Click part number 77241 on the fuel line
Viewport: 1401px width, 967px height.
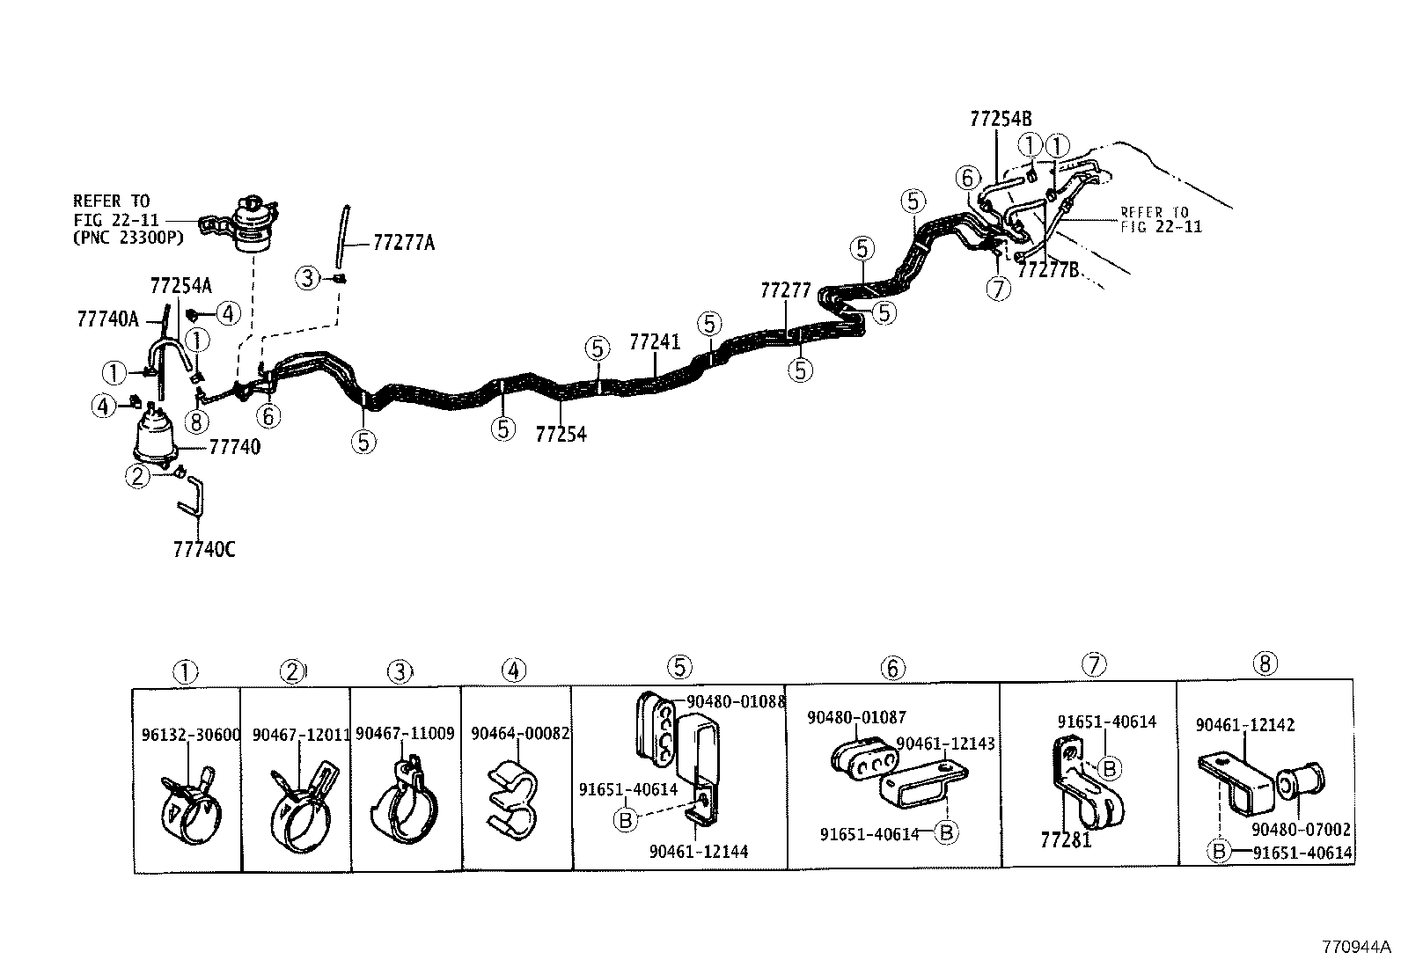click(x=655, y=341)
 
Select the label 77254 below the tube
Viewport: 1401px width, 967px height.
click(x=561, y=434)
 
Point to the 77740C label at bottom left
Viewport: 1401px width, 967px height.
click(x=204, y=549)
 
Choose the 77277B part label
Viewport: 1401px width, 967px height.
click(x=1047, y=269)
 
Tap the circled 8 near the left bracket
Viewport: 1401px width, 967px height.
click(x=195, y=421)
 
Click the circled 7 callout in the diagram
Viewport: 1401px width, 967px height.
click(x=997, y=289)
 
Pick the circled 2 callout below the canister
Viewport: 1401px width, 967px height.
click(x=137, y=476)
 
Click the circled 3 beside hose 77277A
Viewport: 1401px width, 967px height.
click(x=306, y=279)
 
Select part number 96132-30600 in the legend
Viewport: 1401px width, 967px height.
click(x=190, y=735)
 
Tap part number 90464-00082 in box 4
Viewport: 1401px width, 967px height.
click(x=520, y=733)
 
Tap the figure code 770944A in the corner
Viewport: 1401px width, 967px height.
click(x=1356, y=948)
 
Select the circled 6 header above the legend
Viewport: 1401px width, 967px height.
click(x=891, y=669)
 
